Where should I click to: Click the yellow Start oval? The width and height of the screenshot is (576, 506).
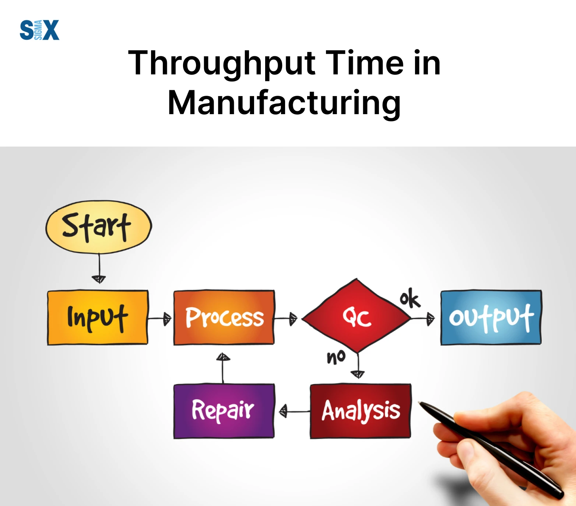[x=99, y=227]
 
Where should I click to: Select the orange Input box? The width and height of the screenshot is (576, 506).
[x=98, y=317]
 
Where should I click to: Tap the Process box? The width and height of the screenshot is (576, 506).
[x=224, y=317]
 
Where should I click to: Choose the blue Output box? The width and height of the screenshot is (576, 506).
[x=491, y=317]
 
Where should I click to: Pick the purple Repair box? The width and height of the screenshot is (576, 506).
[x=224, y=411]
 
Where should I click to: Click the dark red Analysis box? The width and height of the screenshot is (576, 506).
[x=361, y=411]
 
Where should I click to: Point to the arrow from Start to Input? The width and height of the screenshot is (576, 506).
[x=99, y=268]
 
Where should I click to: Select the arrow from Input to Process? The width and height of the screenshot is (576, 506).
[x=159, y=319]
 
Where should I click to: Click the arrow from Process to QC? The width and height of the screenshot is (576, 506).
[x=286, y=319]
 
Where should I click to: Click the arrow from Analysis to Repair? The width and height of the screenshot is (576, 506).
[x=295, y=411]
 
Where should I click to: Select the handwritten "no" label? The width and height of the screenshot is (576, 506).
[x=336, y=357]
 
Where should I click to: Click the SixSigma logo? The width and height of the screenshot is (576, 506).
[x=39, y=30]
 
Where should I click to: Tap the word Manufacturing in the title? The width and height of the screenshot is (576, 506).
[x=284, y=103]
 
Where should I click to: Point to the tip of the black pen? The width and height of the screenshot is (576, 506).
[x=419, y=403]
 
